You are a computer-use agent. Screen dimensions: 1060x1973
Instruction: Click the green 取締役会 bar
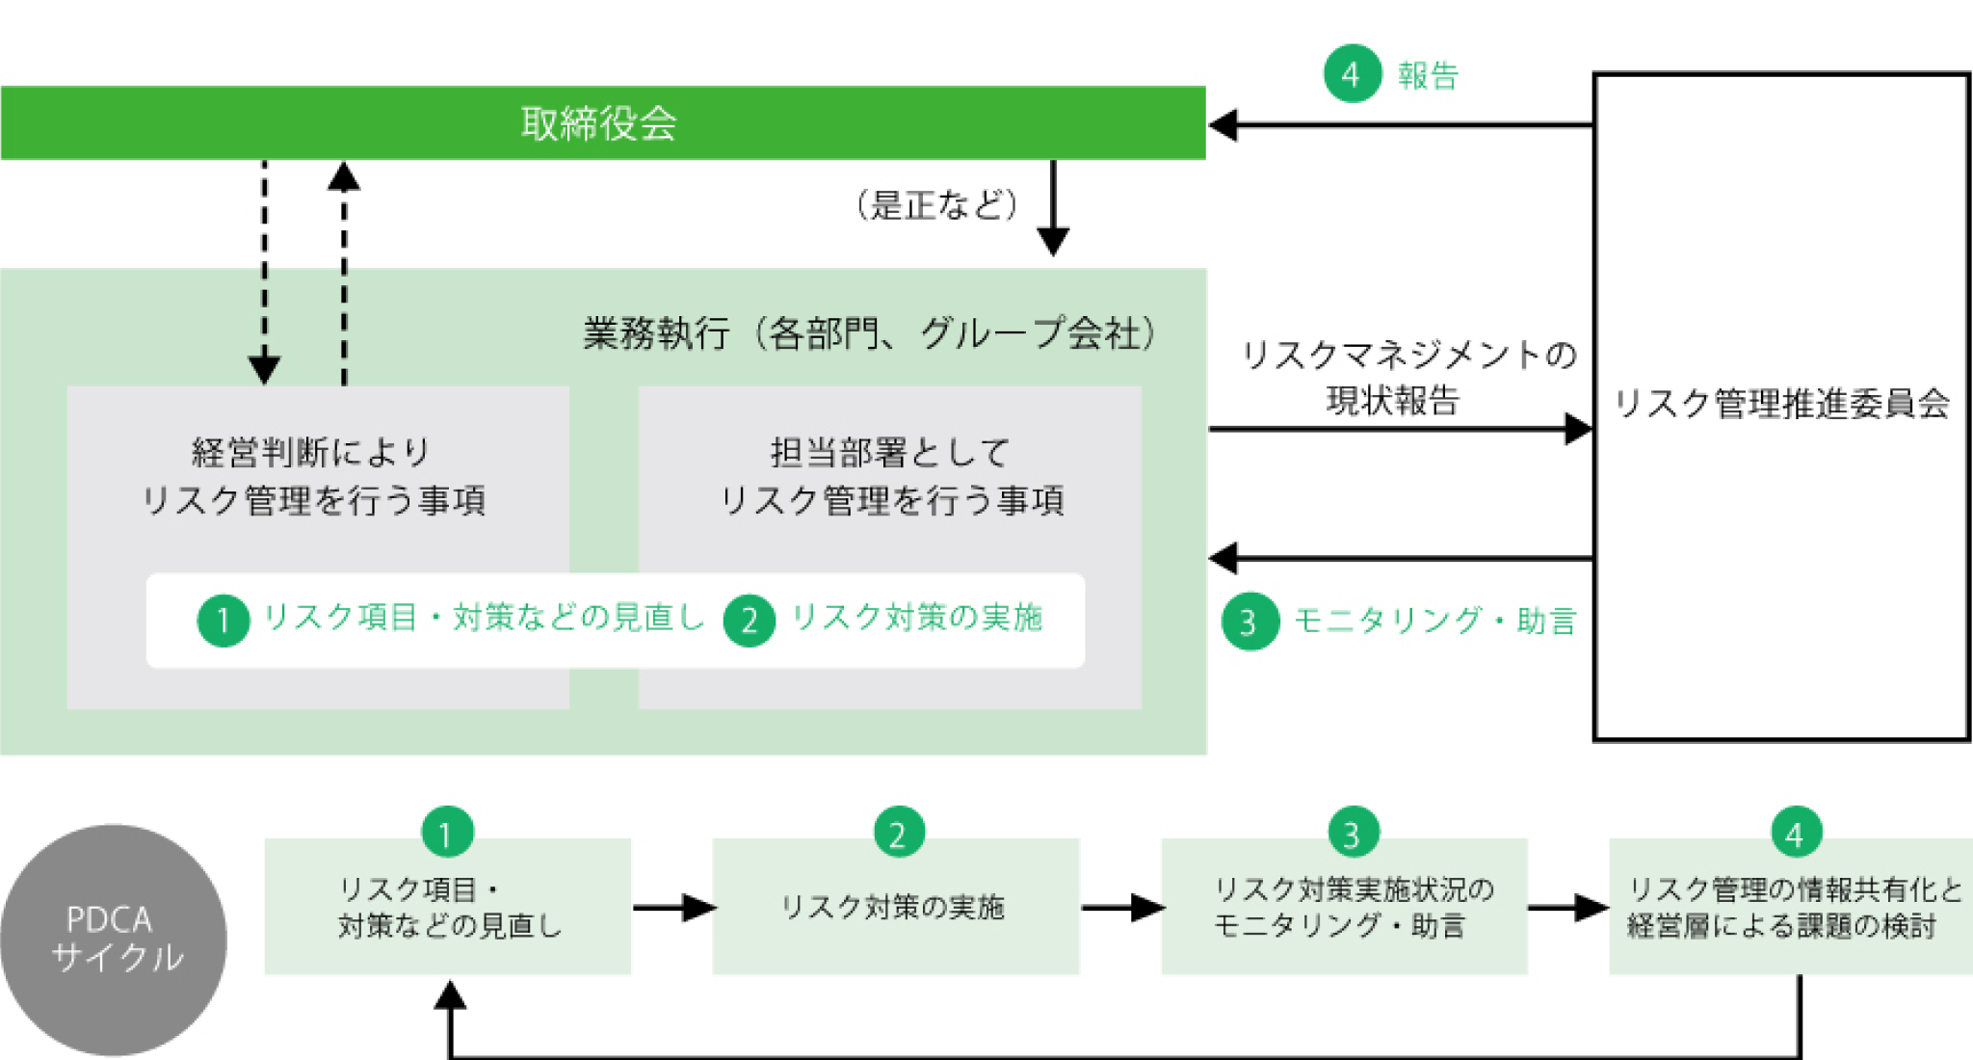pyautogui.click(x=602, y=123)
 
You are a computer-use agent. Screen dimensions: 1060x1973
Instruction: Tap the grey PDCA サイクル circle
pyautogui.click(x=114, y=940)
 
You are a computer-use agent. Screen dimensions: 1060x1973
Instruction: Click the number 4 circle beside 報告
pyautogui.click(x=1352, y=74)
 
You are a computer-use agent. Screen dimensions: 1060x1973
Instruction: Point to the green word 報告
pyautogui.click(x=1428, y=75)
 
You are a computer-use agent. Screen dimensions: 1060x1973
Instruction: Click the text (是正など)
pyautogui.click(x=936, y=204)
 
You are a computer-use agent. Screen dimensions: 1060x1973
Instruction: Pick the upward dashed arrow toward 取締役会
pyautogui.click(x=344, y=275)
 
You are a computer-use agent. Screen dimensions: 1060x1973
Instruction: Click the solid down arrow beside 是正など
pyautogui.click(x=1053, y=207)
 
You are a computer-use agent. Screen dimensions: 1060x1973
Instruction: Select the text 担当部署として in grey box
pyautogui.click(x=889, y=451)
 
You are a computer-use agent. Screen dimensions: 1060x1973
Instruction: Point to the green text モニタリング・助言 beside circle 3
pyautogui.click(x=1434, y=621)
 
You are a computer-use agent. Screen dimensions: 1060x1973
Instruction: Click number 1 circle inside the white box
pyautogui.click(x=223, y=620)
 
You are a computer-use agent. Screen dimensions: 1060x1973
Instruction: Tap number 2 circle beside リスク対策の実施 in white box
pyautogui.click(x=749, y=620)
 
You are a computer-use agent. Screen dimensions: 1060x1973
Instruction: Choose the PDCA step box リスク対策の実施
pyautogui.click(x=895, y=907)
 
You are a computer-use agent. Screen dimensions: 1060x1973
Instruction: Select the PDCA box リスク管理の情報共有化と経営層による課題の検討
pyautogui.click(x=1790, y=907)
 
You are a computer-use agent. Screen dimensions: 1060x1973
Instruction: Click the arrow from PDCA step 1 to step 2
pyautogui.click(x=673, y=907)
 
